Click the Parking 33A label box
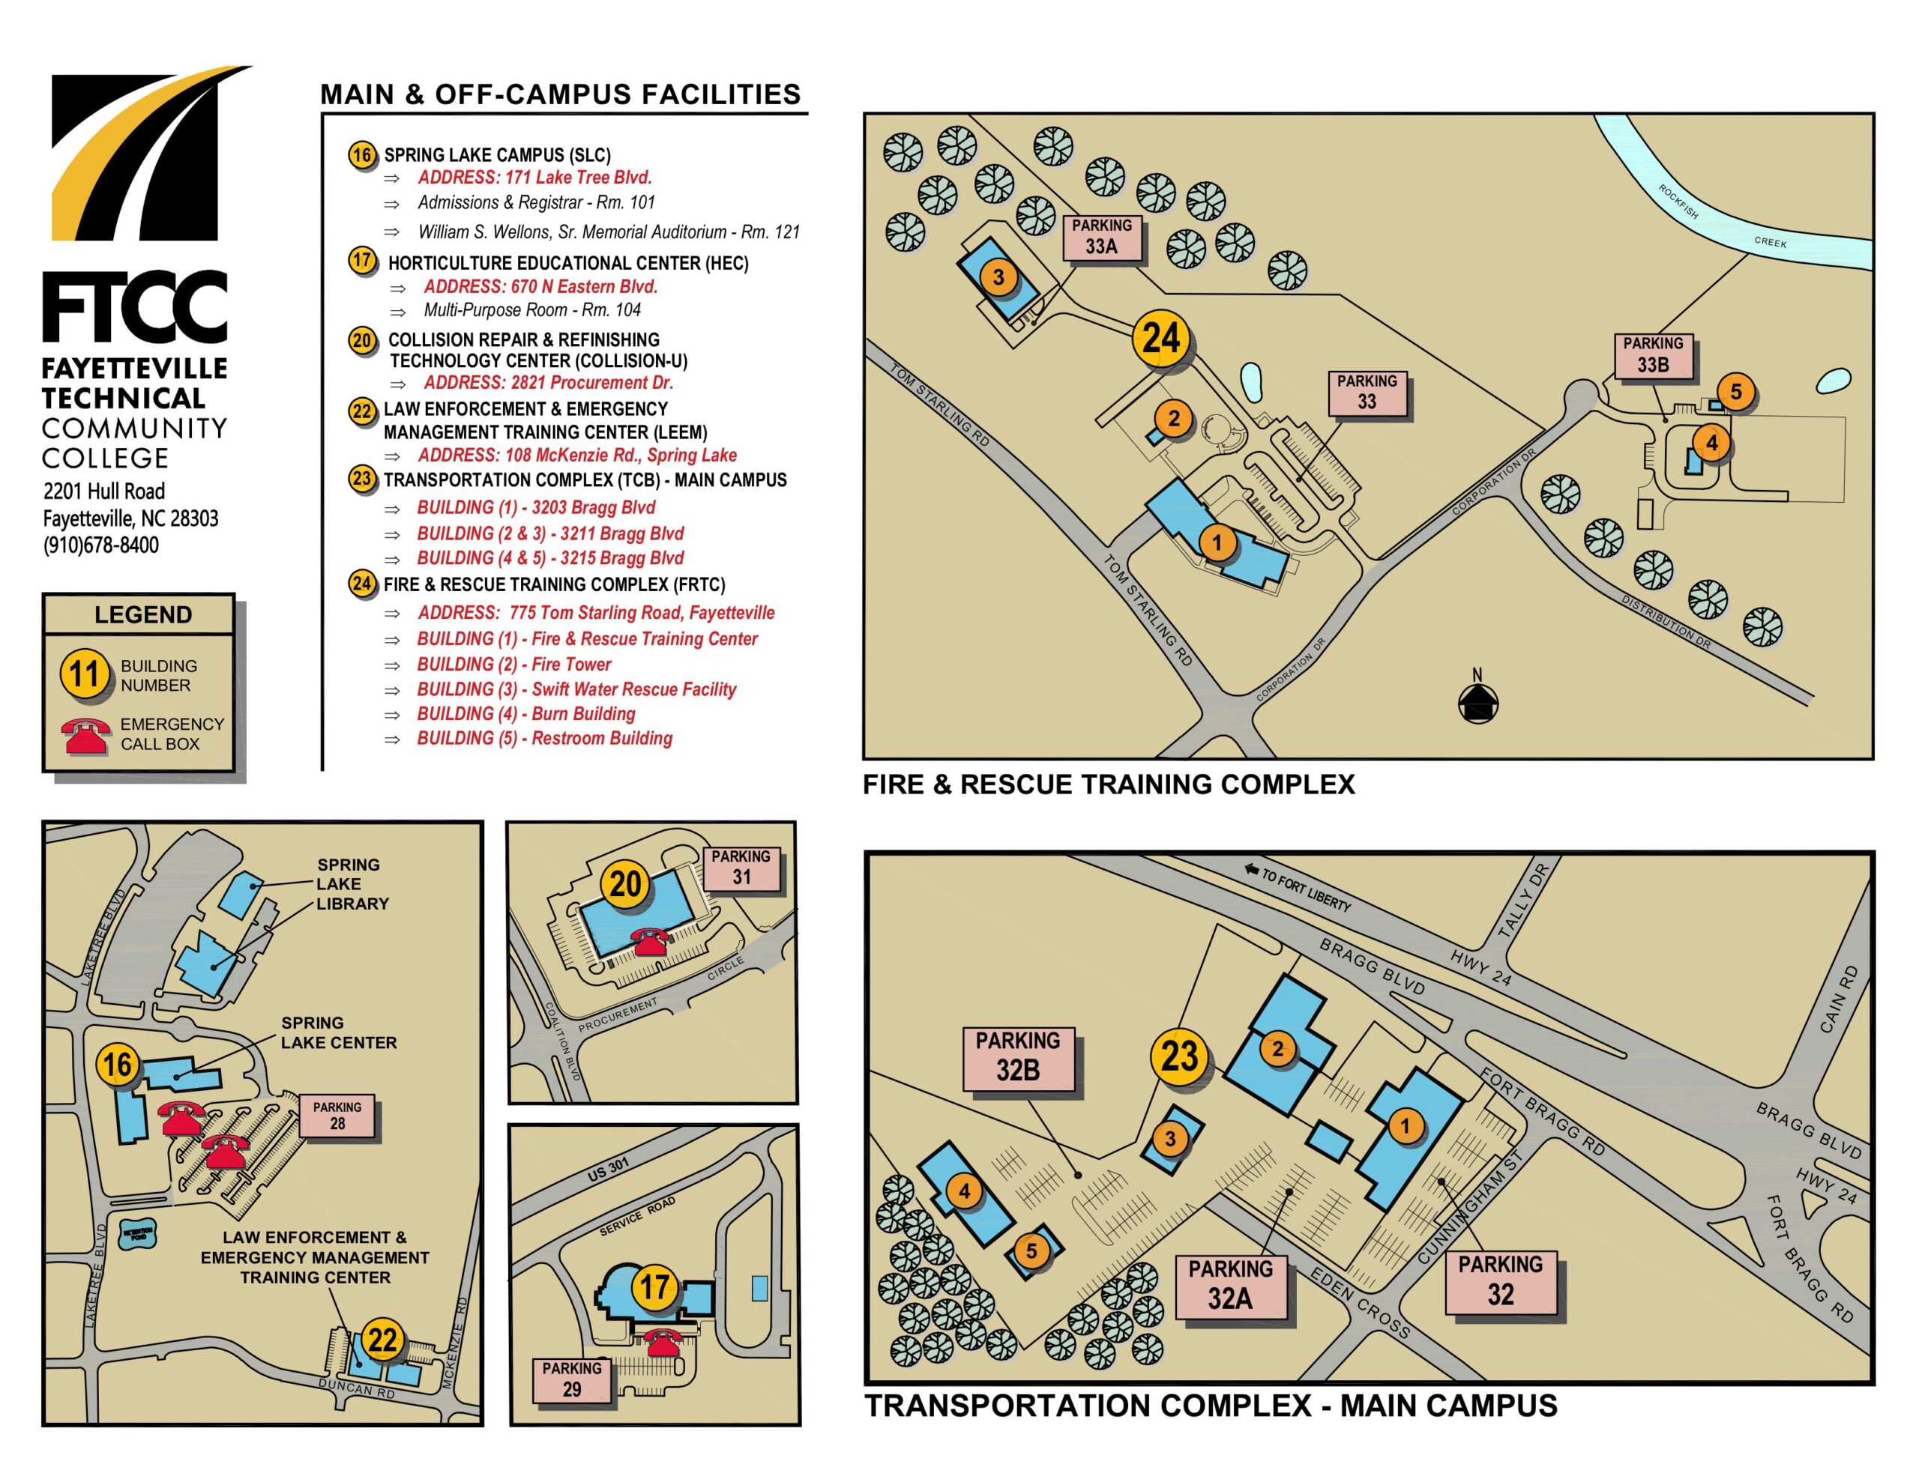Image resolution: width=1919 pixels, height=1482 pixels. coord(1102,238)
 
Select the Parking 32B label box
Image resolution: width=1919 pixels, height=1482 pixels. coord(1019,1058)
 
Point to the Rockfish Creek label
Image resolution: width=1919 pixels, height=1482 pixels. coord(1722,220)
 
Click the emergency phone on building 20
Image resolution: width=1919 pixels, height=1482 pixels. coord(651,941)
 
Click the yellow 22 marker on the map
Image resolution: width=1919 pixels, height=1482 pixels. coord(382,1340)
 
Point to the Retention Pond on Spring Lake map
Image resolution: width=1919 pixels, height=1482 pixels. coord(139,1234)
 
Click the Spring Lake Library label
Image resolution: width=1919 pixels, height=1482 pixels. coord(352,884)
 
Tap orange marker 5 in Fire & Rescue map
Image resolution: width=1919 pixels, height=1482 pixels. coord(1735,392)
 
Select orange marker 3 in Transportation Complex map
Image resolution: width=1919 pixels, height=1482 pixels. coord(1169,1140)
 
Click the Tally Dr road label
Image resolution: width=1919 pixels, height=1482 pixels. coord(1525,901)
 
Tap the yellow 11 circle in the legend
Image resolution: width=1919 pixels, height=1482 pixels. coord(85,674)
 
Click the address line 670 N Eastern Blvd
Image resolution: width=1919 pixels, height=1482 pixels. coord(540,286)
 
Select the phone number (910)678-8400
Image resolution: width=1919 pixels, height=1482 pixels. coord(101,545)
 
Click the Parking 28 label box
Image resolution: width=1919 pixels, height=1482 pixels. coord(337,1116)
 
